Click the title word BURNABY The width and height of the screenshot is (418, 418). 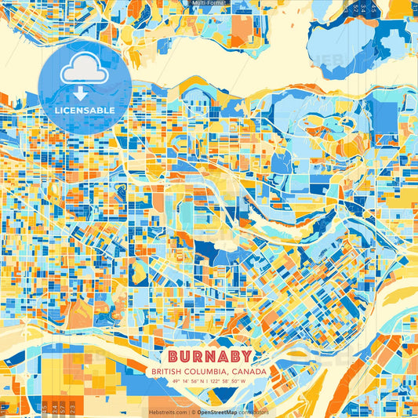tap(209, 355)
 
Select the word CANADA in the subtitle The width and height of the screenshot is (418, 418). tap(251, 371)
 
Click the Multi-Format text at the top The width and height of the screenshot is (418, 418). tap(209, 3)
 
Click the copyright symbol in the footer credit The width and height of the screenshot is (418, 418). tap(189, 412)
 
